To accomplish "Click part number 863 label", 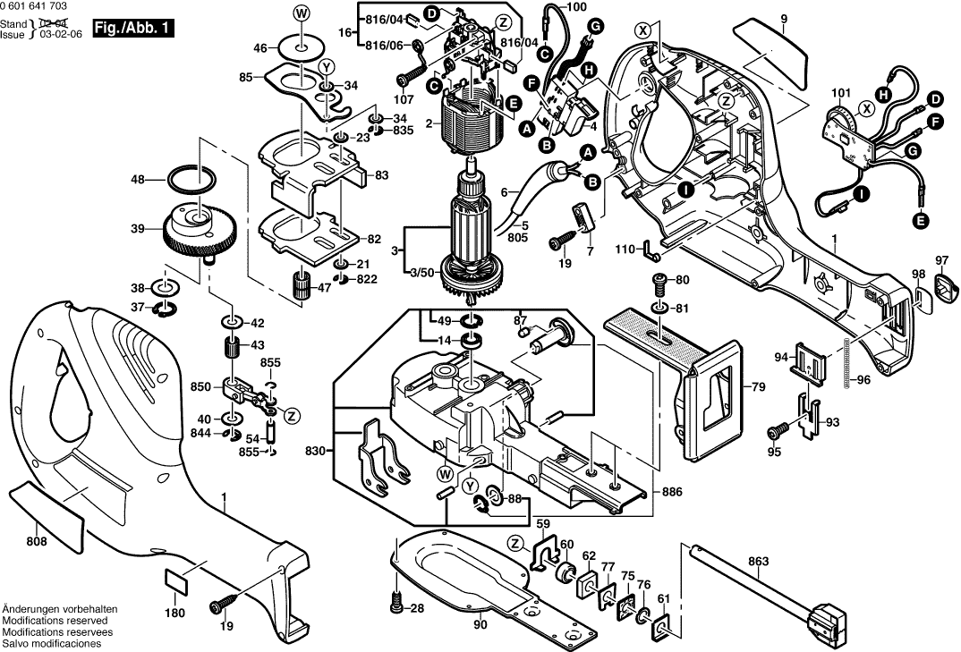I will (x=759, y=563).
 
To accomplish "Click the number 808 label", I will (x=37, y=541).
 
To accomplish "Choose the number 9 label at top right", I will (x=783, y=19).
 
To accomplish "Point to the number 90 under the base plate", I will (x=480, y=625).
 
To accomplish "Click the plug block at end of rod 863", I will (x=829, y=623).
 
